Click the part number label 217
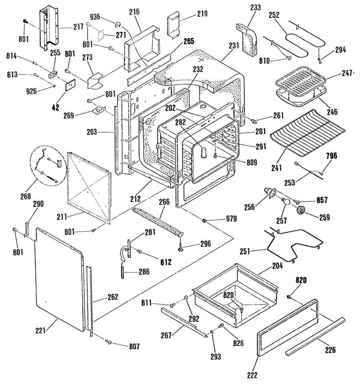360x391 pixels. click(x=79, y=27)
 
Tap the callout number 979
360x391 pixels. click(x=231, y=219)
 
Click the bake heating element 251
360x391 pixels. click(x=293, y=244)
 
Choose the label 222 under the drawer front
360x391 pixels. click(x=252, y=375)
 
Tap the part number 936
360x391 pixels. click(x=95, y=17)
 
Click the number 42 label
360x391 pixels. click(x=56, y=107)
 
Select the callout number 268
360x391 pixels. click(x=25, y=196)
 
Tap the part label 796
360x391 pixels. click(x=332, y=155)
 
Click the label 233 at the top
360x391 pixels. click(x=256, y=7)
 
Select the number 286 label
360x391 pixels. click(x=144, y=272)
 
